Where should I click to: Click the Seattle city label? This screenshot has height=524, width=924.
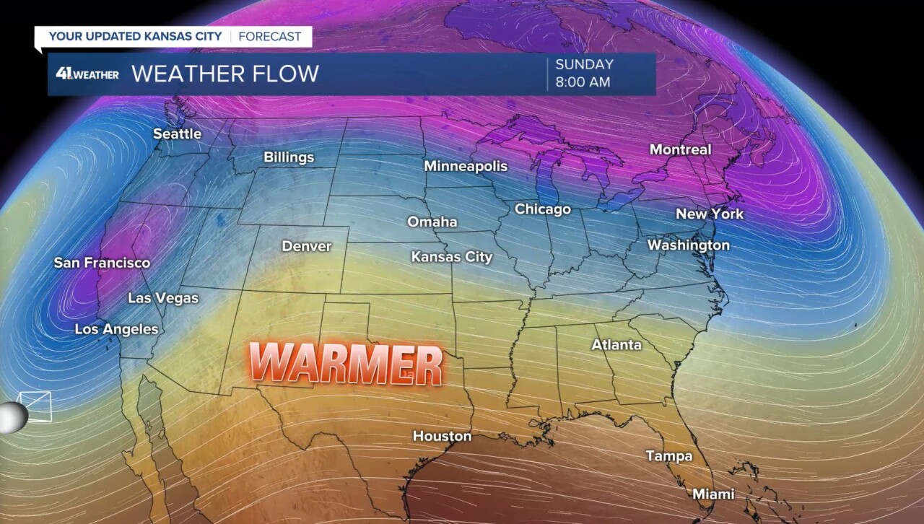click(x=178, y=134)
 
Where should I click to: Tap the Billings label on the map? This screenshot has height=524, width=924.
click(x=289, y=157)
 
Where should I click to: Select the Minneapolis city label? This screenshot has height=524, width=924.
click(x=466, y=166)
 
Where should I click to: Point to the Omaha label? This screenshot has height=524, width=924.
click(x=432, y=222)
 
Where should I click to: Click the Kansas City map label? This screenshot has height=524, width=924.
click(x=452, y=257)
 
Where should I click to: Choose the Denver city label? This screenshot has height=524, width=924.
click(x=307, y=246)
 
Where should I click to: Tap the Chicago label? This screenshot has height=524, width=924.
click(x=543, y=209)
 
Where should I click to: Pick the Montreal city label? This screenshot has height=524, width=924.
click(x=680, y=150)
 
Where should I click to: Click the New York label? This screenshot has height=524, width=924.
click(x=709, y=214)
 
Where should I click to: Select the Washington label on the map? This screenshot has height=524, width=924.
click(x=688, y=245)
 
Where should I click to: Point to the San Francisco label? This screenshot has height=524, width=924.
click(x=102, y=263)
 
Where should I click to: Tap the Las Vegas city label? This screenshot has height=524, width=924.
click(x=163, y=297)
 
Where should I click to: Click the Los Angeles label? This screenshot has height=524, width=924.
click(x=116, y=329)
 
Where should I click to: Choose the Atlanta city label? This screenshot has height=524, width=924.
click(x=616, y=345)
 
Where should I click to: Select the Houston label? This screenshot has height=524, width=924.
click(x=442, y=436)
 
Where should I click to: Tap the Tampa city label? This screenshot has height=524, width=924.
click(x=668, y=456)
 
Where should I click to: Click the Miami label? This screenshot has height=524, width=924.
click(x=713, y=494)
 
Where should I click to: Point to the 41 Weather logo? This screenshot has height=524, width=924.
click(x=87, y=74)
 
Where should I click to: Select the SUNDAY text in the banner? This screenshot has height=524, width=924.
click(x=584, y=64)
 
